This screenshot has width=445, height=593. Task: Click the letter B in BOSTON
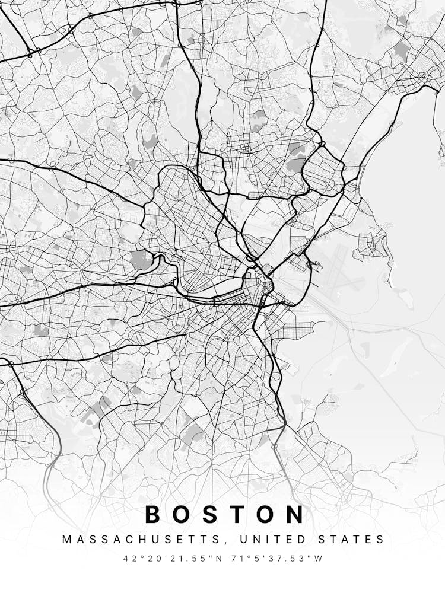(153, 514)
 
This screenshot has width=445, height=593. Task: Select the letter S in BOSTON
(212, 514)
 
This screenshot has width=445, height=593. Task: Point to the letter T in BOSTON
(239, 514)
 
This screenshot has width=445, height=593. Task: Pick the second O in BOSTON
(268, 514)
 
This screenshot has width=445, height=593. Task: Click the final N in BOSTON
(297, 514)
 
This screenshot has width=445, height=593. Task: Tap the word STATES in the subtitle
(354, 540)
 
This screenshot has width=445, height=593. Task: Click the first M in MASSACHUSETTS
(66, 540)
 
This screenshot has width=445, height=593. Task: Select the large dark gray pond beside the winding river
(141, 259)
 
